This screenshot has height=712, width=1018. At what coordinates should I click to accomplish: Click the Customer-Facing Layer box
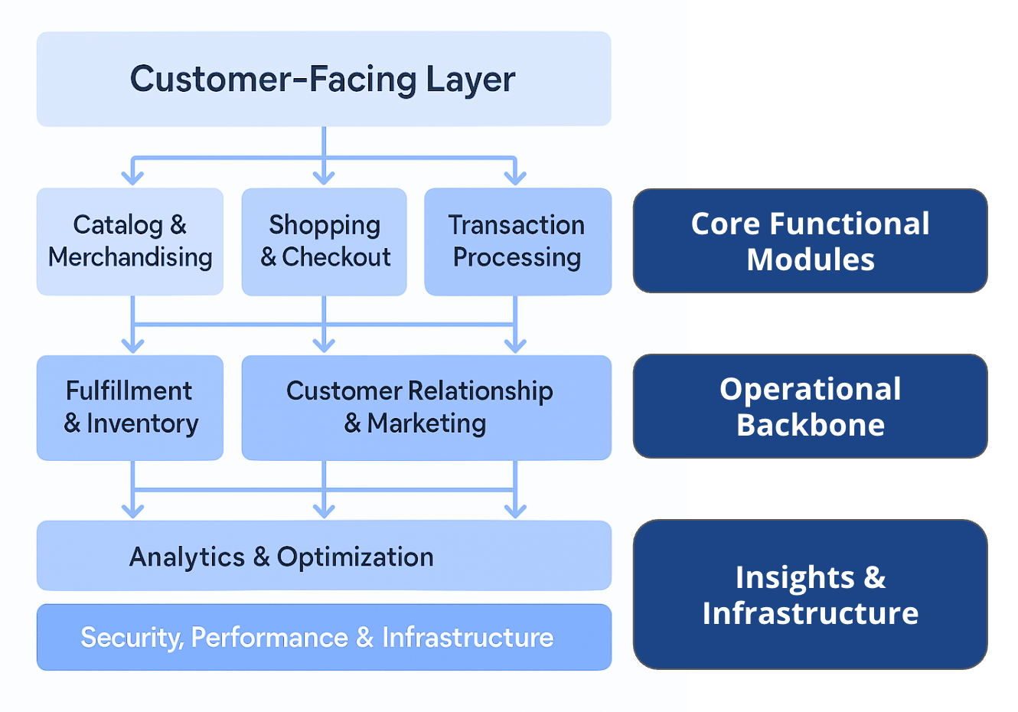click(x=324, y=79)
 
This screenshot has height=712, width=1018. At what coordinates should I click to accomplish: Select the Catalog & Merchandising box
click(x=130, y=241)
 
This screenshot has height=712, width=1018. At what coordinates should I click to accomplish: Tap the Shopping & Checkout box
click(x=324, y=241)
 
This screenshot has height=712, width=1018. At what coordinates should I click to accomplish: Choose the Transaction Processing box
click(x=517, y=241)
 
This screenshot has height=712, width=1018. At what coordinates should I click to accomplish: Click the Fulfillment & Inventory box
click(x=130, y=407)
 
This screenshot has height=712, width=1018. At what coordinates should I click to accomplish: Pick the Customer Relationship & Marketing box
click(x=426, y=407)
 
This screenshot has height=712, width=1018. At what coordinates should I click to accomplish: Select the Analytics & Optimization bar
click(x=324, y=556)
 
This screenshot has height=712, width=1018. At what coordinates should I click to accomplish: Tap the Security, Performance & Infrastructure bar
click(x=324, y=637)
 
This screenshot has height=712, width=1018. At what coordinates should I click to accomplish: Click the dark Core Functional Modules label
click(x=811, y=241)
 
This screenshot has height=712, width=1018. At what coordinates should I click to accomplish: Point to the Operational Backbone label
click(x=811, y=406)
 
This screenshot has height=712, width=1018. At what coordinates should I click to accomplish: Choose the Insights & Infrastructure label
click(x=811, y=594)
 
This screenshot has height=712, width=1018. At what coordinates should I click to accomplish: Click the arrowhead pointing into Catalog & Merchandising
click(x=132, y=178)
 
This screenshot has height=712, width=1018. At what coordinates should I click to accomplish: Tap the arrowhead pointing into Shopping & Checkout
click(x=324, y=178)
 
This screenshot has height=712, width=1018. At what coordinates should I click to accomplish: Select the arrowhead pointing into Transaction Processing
click(x=515, y=178)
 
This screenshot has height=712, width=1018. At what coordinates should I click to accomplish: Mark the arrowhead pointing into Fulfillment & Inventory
click(x=132, y=346)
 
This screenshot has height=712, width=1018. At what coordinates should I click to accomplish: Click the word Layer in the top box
click(x=471, y=80)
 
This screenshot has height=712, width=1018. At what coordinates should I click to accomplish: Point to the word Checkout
click(x=336, y=257)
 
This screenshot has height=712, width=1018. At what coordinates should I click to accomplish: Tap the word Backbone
click(x=811, y=425)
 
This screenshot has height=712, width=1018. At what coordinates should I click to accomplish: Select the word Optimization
click(x=355, y=557)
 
